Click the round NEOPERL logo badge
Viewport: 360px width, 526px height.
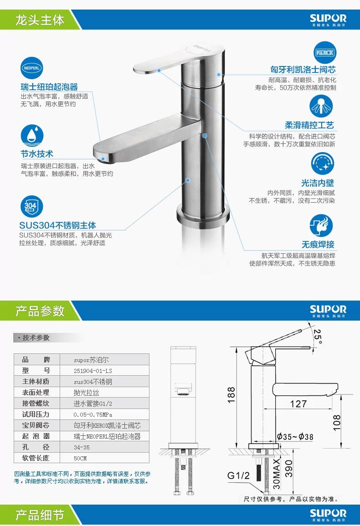[31, 68]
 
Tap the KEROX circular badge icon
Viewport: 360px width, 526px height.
[325, 53]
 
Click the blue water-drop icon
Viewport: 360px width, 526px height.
[31, 136]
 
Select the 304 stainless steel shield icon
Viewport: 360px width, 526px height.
[31, 206]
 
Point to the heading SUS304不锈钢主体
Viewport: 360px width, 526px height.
[57, 225]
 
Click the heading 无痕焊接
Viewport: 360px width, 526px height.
[318, 244]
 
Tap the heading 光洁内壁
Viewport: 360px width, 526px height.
[318, 183]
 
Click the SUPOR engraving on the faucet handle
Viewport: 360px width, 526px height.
[202, 48]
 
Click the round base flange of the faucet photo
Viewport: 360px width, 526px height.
[203, 214]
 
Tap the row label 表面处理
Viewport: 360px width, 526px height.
[36, 393]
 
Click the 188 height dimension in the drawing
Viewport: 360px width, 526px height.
[231, 394]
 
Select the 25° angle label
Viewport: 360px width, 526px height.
[317, 337]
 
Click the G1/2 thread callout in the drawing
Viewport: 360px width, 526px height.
[238, 475]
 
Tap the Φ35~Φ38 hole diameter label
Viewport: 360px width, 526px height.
[295, 437]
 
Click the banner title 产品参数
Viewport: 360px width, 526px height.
[40, 311]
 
